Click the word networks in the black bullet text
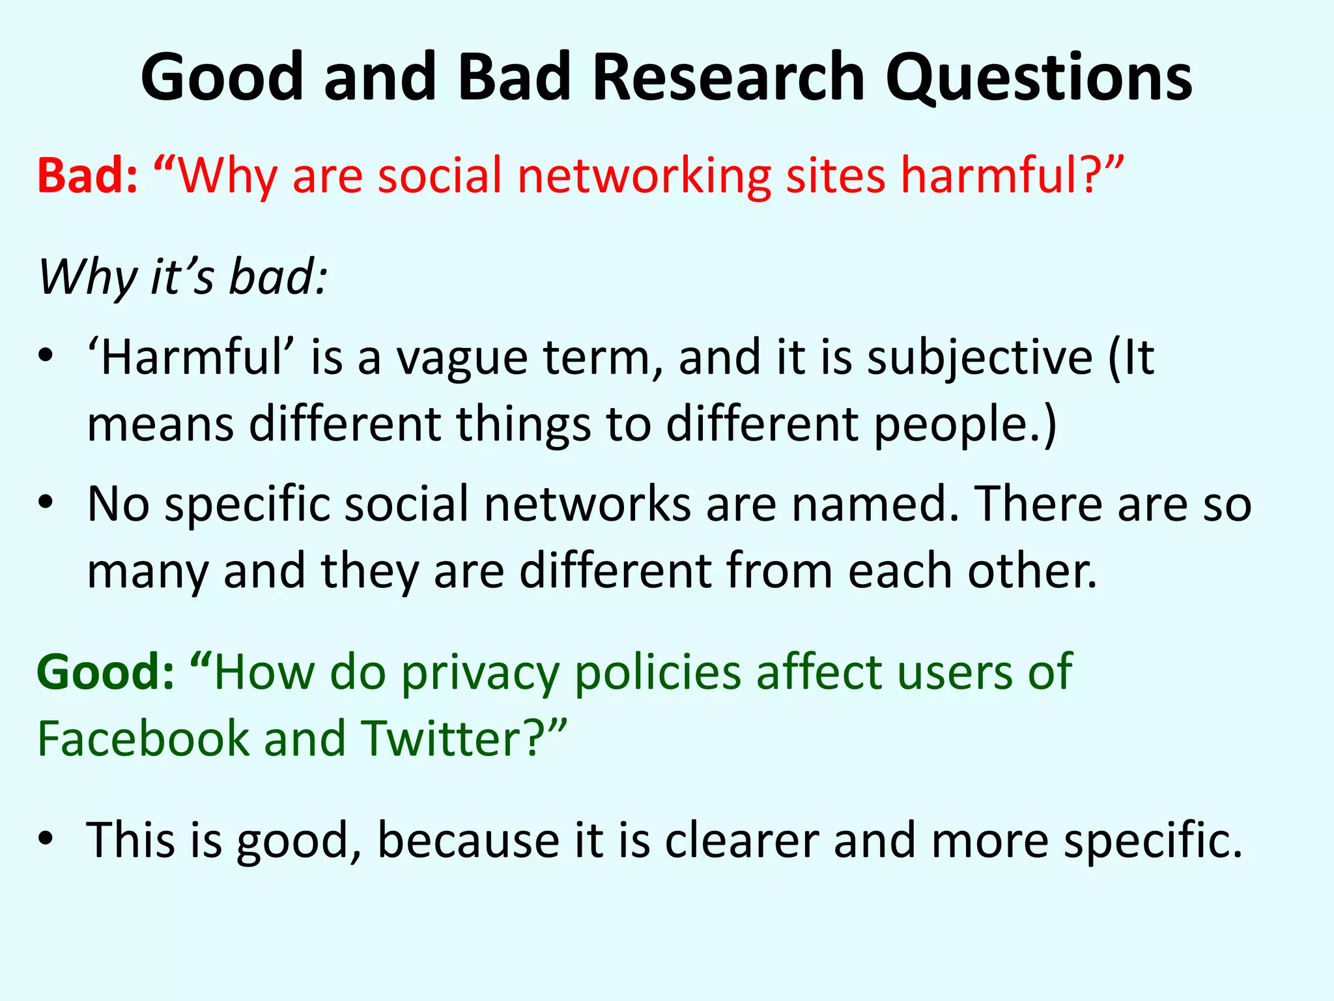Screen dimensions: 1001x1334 tap(587, 504)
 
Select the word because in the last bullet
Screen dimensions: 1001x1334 tap(468, 841)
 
